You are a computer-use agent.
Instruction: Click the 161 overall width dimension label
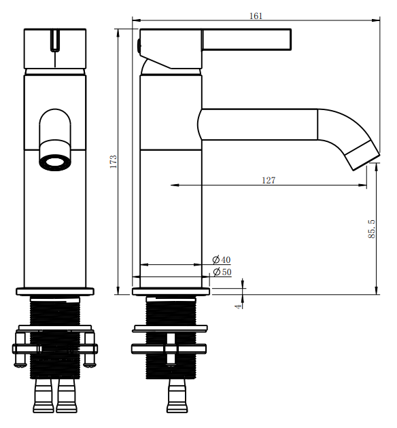pos(256,16)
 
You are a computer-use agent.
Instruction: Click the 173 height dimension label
pos(113,162)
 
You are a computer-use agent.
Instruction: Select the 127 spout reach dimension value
pos(269,180)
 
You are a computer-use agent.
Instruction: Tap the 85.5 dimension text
pos(372,229)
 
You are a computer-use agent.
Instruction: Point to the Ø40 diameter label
pos(222,260)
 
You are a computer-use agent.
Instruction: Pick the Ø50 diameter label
pos(222,272)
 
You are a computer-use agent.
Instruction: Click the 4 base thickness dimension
pos(239,306)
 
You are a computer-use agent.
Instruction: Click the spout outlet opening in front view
pos(55,162)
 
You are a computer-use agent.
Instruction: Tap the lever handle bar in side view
pos(247,39)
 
